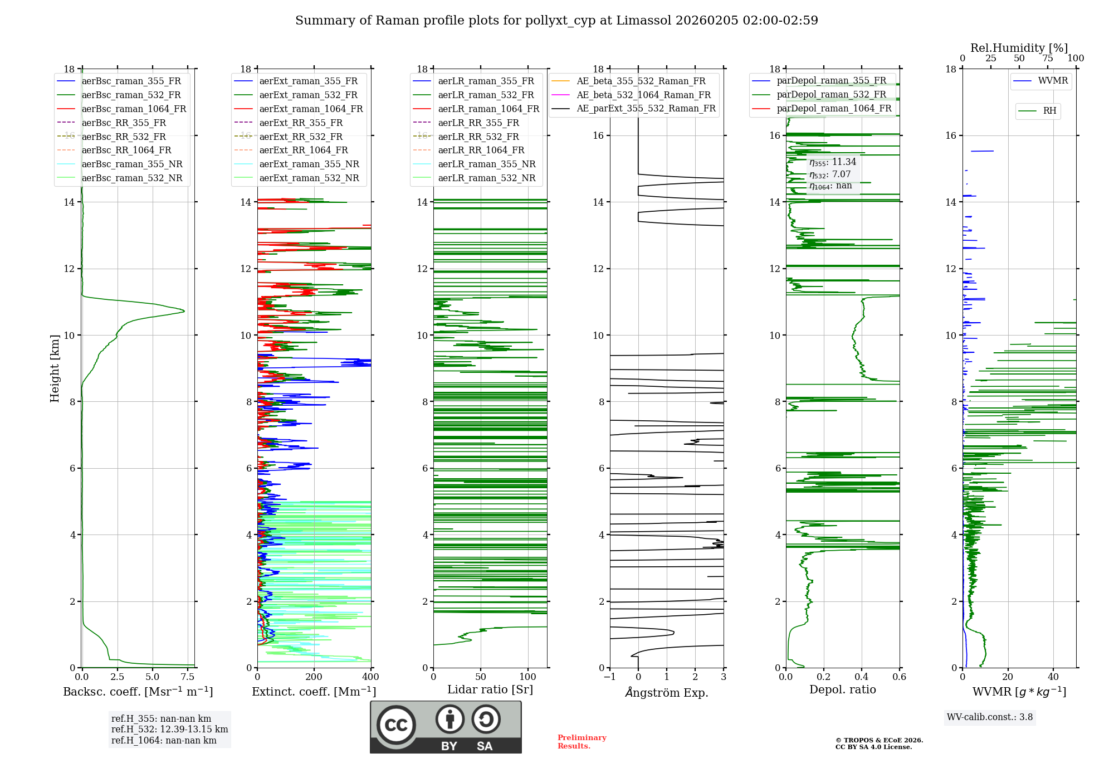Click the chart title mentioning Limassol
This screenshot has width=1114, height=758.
coord(556,21)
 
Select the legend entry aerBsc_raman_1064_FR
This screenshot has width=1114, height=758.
coord(134,109)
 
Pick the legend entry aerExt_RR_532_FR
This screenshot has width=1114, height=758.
coord(301,137)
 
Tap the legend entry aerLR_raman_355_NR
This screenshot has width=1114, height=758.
coord(486,164)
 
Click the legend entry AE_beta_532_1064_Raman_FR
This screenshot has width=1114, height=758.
coord(643,95)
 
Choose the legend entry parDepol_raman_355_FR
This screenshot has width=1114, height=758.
coord(831,81)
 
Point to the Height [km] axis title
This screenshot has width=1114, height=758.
coord(55,368)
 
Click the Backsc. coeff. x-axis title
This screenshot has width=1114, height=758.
coord(138,692)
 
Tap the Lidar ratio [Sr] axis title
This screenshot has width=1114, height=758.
coord(490,689)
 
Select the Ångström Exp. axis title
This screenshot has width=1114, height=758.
coord(667,693)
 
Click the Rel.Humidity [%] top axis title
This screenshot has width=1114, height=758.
coord(1019,48)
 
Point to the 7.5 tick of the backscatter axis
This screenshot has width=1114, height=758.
coord(188,677)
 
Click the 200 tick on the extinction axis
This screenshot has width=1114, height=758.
coord(314,677)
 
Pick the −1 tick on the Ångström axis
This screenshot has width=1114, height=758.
coord(609,677)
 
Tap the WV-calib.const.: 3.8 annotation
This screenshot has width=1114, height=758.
coord(990,717)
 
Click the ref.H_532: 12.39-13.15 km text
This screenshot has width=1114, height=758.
coord(169,730)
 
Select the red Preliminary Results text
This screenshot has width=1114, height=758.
coord(582,742)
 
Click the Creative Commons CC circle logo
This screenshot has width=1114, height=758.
coord(396,725)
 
